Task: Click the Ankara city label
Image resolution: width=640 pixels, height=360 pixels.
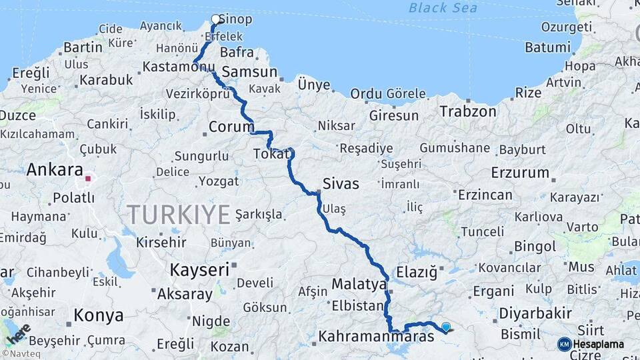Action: pyautogui.click(x=55, y=170)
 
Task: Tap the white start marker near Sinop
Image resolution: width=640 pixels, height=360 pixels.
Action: pyautogui.click(x=216, y=19)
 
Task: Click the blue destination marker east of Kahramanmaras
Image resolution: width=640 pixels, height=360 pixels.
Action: pyautogui.click(x=446, y=327)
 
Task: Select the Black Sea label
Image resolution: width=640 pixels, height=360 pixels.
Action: pyautogui.click(x=443, y=8)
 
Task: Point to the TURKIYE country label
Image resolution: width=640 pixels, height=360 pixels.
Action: pyautogui.click(x=179, y=215)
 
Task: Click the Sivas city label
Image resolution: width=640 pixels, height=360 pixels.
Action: pyautogui.click(x=340, y=183)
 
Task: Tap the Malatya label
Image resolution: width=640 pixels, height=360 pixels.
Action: pyautogui.click(x=359, y=285)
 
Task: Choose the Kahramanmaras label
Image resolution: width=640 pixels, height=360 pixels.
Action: pyautogui.click(x=377, y=337)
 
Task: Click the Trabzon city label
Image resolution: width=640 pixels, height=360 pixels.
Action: pyautogui.click(x=467, y=111)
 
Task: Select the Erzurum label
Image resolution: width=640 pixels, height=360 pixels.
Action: pyautogui.click(x=519, y=173)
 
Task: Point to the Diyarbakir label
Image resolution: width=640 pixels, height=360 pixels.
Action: pyautogui.click(x=535, y=313)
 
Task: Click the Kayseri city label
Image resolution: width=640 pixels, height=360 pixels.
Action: pyautogui.click(x=199, y=270)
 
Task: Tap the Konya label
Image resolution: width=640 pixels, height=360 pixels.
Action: pyautogui.click(x=98, y=315)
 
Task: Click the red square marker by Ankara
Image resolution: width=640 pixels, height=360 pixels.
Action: pyautogui.click(x=87, y=179)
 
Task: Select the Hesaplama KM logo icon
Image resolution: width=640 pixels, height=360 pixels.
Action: pyautogui.click(x=564, y=344)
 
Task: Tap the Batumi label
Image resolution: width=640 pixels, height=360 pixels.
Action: pyautogui.click(x=547, y=47)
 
